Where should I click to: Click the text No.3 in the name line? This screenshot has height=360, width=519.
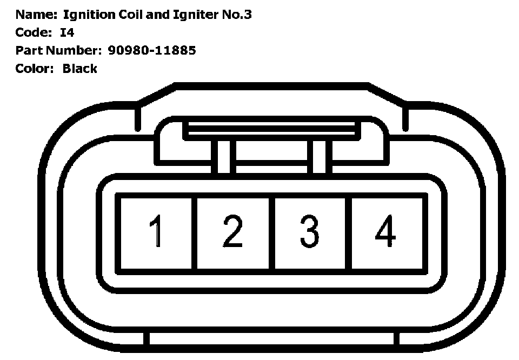237,15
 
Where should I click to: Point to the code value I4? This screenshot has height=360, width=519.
66,32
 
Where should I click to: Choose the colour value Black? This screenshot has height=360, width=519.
79,68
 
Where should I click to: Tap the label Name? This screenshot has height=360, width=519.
36,15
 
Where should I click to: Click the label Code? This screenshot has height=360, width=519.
34,32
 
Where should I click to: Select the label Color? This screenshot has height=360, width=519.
35,68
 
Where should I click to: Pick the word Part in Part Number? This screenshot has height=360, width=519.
26,50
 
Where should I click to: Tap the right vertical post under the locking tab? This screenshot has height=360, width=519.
321,157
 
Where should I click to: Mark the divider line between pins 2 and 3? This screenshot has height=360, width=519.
272,232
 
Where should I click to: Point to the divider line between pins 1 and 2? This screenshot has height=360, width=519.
195,232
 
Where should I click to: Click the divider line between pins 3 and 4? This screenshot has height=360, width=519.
349,232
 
